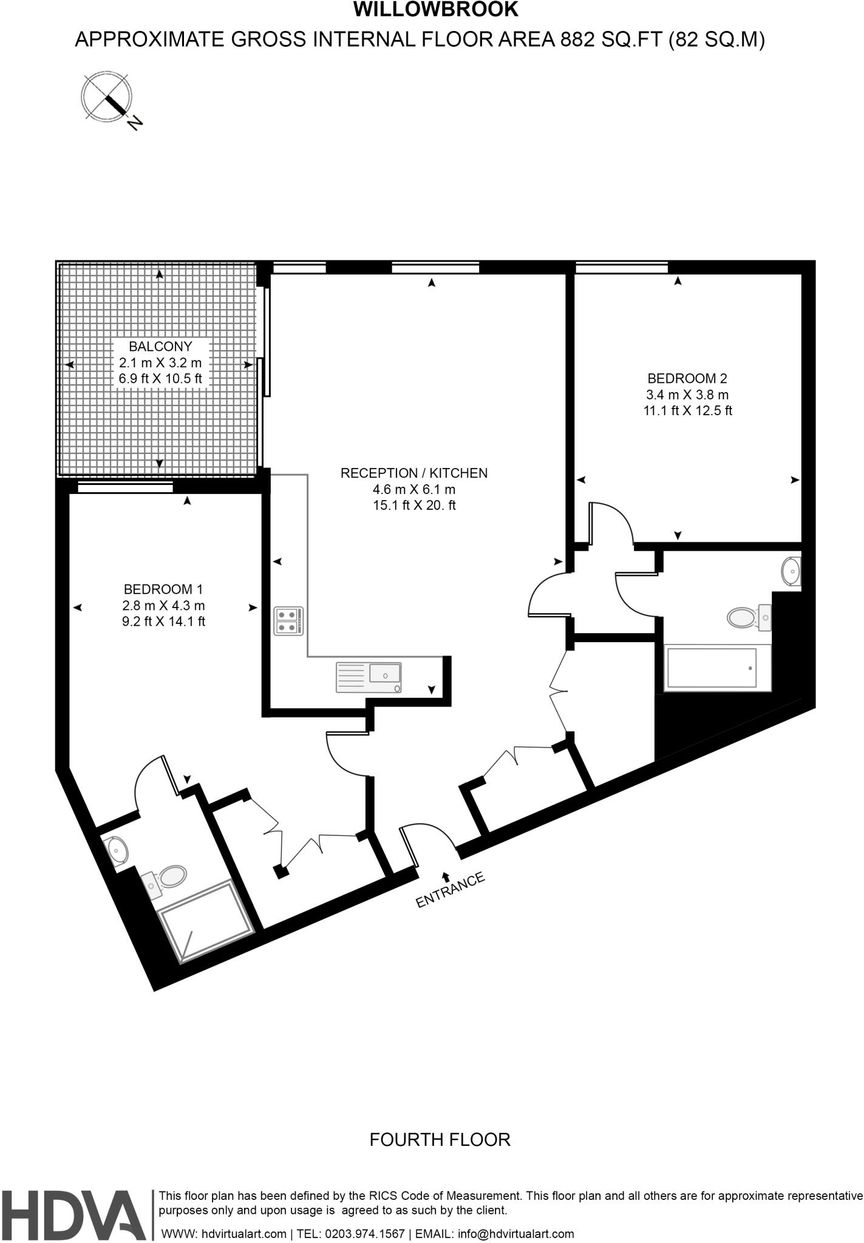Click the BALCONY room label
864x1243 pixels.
coord(160,347)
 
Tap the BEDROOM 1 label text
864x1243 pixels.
coord(163,589)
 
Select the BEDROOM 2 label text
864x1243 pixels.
coord(687,378)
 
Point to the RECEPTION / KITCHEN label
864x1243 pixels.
coord(413,473)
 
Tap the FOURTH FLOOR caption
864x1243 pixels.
coord(440,1140)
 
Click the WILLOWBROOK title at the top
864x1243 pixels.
coord(435,10)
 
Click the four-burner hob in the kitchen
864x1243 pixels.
coord(288,621)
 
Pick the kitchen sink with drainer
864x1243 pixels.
coord(369,677)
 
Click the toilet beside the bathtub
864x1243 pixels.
coord(744,618)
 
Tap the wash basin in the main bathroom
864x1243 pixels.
coord(791,571)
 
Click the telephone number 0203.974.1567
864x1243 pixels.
coord(365,1234)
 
